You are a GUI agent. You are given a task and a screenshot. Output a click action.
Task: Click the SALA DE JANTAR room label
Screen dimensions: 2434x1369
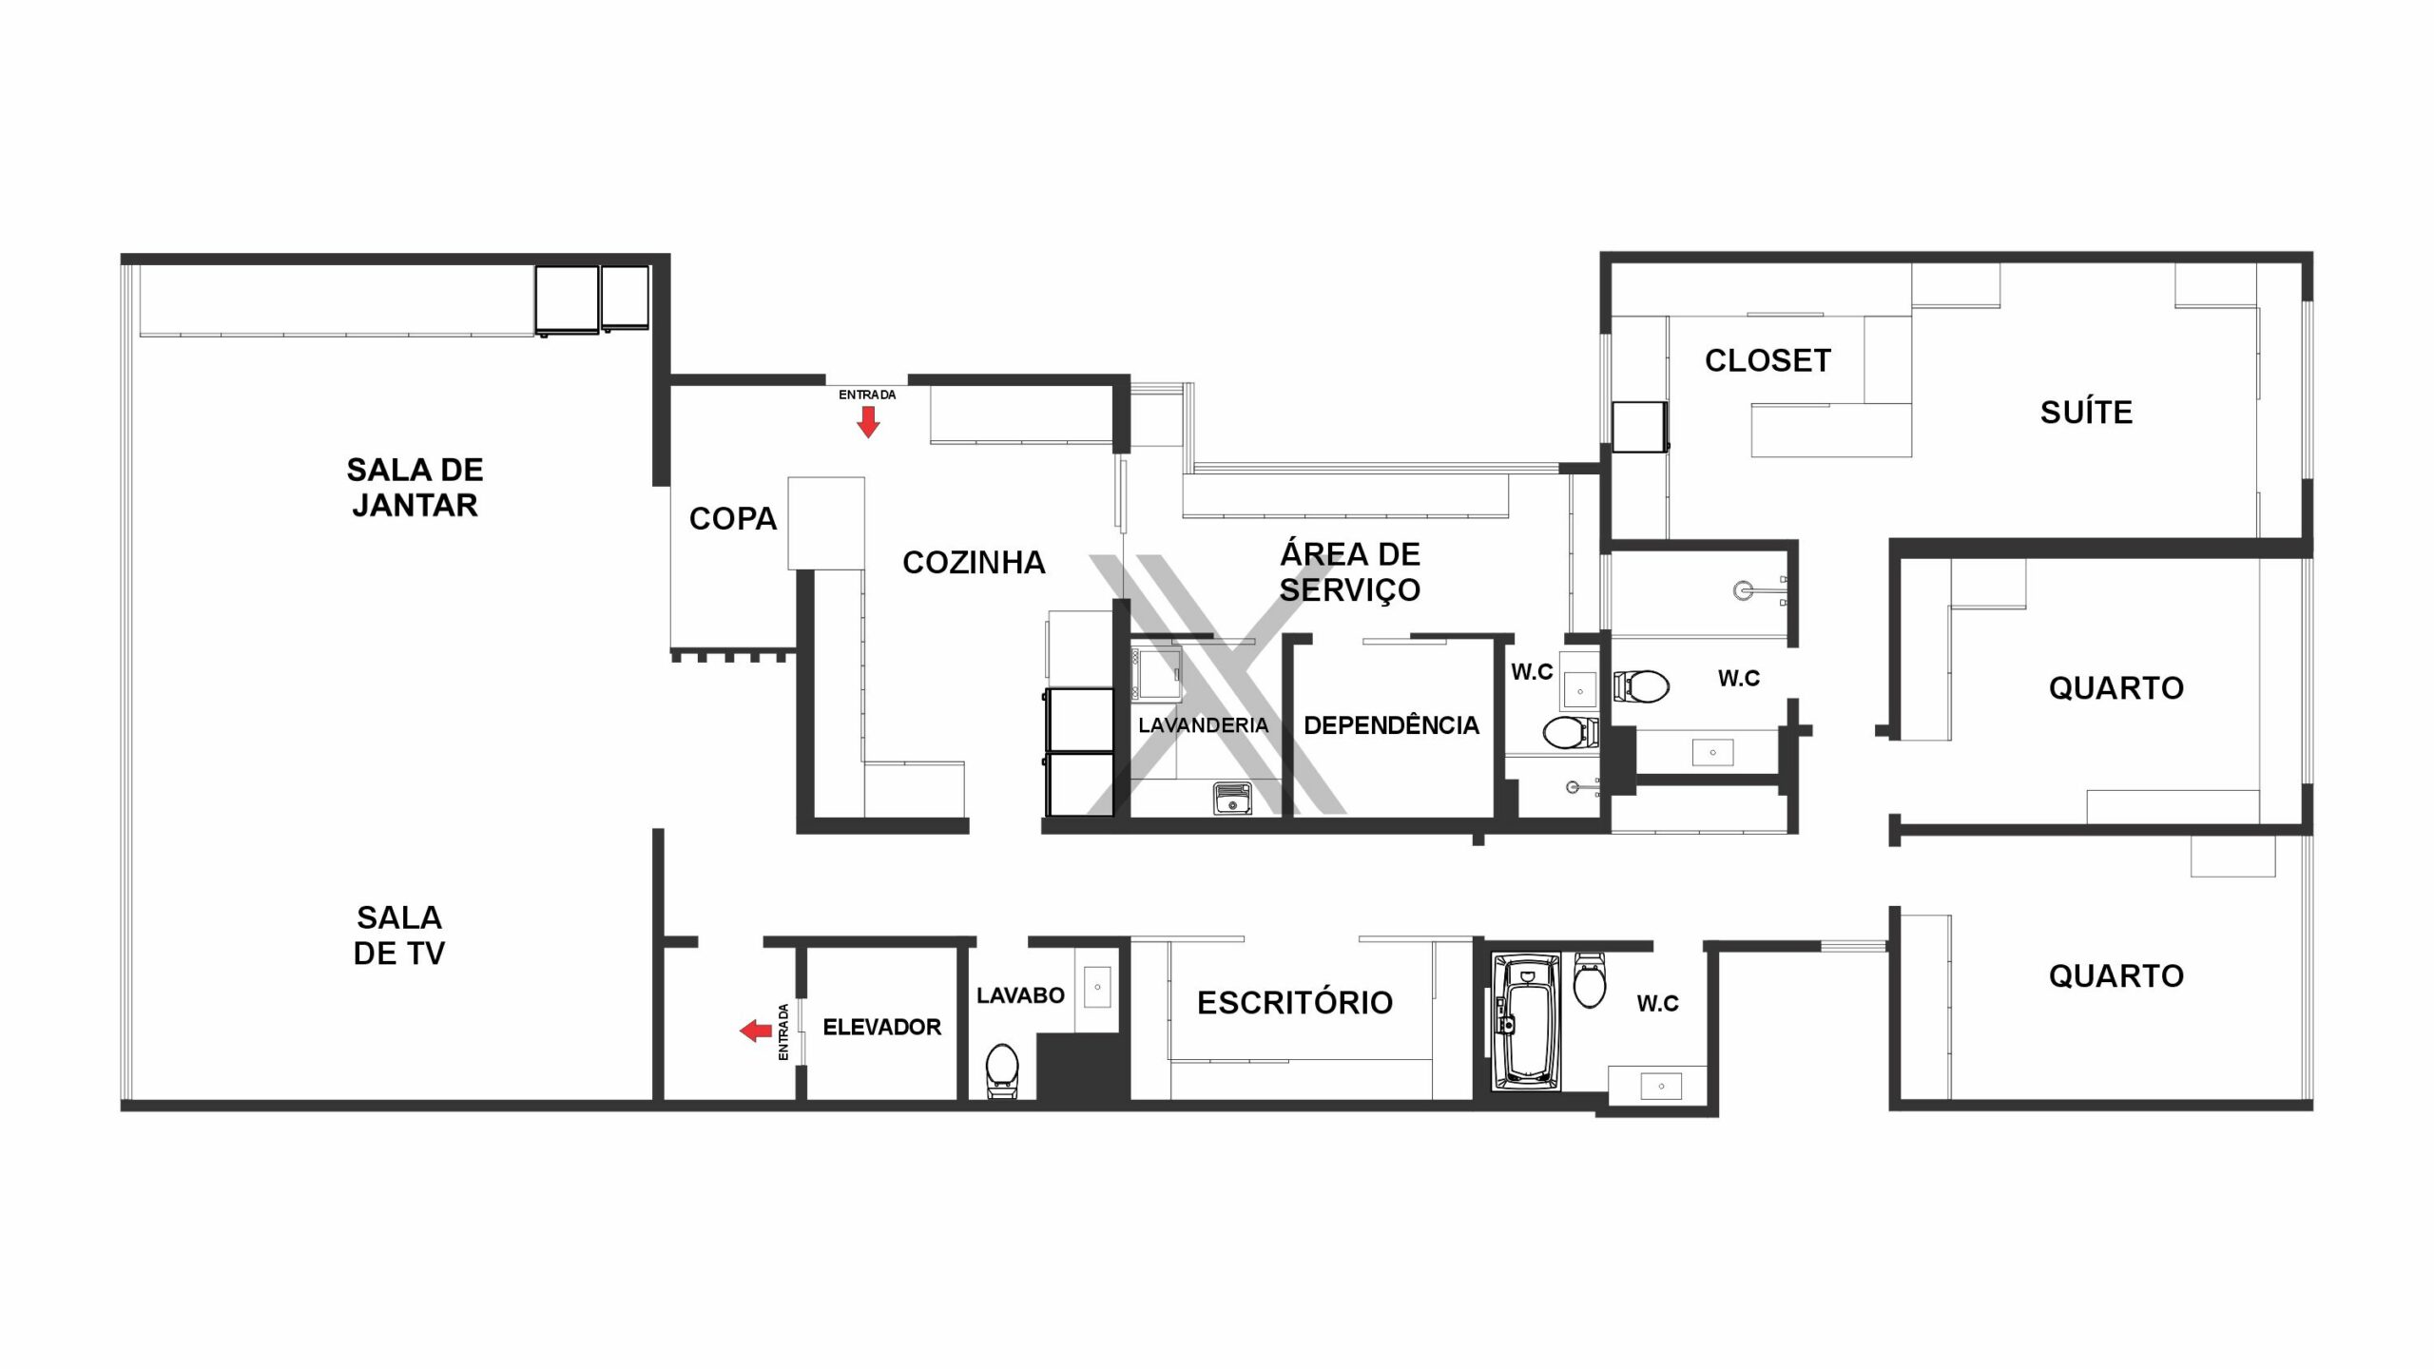click(415, 488)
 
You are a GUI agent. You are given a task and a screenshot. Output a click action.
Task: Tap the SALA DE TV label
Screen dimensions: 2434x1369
click(399, 935)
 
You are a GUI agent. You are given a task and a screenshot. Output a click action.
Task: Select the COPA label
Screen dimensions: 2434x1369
click(733, 519)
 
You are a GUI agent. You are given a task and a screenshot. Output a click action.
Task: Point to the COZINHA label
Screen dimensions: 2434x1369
click(974, 563)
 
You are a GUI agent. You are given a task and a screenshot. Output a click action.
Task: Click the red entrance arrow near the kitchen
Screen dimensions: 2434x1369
click(867, 422)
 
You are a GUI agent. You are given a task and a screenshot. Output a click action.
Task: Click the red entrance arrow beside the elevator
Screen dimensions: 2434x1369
click(756, 1031)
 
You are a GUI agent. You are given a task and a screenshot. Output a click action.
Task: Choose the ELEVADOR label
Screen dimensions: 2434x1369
click(881, 1027)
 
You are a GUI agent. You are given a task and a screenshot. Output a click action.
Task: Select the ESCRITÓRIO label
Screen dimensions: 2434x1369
click(1295, 1003)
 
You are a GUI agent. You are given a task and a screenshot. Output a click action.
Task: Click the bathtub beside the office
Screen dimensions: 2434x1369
click(1526, 1023)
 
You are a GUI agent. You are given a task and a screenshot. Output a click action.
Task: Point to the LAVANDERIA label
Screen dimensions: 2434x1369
click(1203, 725)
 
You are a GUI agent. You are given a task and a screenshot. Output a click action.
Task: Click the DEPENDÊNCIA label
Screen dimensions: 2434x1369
click(1391, 725)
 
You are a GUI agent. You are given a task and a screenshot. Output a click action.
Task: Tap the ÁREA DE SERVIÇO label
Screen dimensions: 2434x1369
click(1350, 571)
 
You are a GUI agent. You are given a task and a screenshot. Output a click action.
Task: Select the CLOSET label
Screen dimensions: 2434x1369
click(1768, 361)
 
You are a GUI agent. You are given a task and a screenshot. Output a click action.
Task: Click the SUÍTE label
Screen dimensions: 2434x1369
click(2086, 413)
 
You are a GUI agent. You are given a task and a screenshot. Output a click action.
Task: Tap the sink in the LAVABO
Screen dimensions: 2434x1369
click(1097, 987)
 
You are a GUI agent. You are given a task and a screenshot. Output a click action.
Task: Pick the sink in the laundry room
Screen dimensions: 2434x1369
click(1232, 798)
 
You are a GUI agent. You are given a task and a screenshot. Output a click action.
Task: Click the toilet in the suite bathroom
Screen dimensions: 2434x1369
click(1641, 685)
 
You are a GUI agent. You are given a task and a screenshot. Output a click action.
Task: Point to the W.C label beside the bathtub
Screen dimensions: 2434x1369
click(1657, 1004)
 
